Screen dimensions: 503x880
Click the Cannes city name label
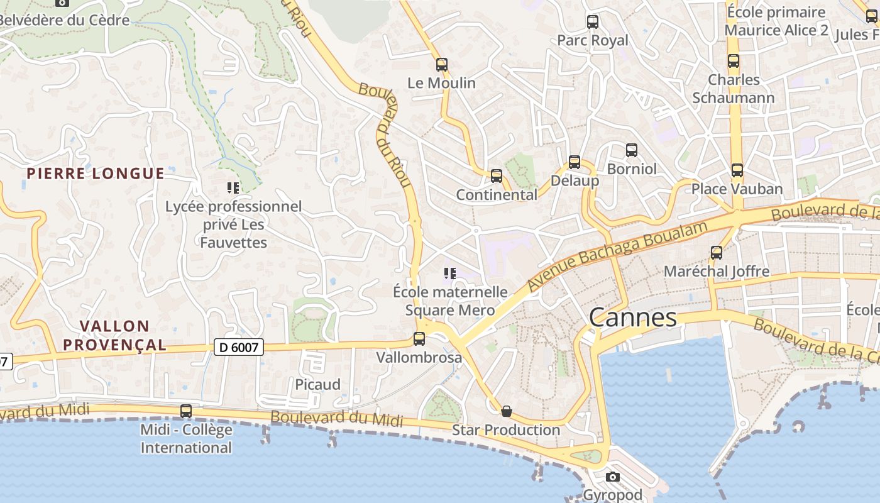633,318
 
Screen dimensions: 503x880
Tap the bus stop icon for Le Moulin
442,64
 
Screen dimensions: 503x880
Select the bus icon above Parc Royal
593,22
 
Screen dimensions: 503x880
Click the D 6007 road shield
238,346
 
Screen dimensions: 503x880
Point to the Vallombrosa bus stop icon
419,339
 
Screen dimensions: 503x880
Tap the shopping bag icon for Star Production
506,411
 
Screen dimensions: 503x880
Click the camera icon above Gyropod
613,477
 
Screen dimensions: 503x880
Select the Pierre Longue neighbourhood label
96,174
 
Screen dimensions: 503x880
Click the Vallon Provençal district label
124,335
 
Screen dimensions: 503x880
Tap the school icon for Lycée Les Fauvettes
233,187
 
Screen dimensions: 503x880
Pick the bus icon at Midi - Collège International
186,411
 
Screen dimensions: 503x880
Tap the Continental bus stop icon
497,176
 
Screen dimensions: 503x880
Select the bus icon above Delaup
575,162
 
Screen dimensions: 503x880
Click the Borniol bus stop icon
632,150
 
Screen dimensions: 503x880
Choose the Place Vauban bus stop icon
737,170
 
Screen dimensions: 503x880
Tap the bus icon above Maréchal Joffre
717,253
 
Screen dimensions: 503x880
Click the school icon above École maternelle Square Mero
449,273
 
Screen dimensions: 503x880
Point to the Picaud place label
318,384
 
